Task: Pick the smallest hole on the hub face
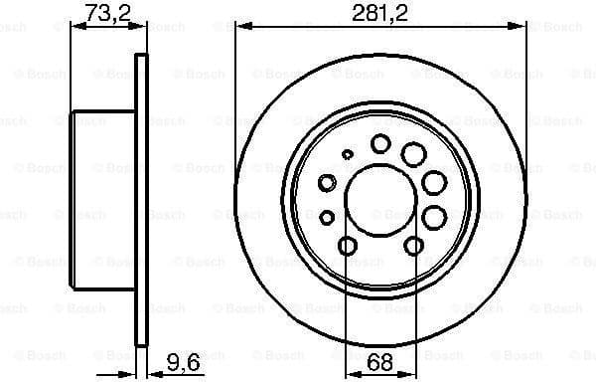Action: [347, 154]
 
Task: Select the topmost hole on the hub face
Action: [380, 144]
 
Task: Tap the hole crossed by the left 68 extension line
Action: [347, 246]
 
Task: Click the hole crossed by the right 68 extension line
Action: [415, 246]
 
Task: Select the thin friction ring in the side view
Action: [141, 200]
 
